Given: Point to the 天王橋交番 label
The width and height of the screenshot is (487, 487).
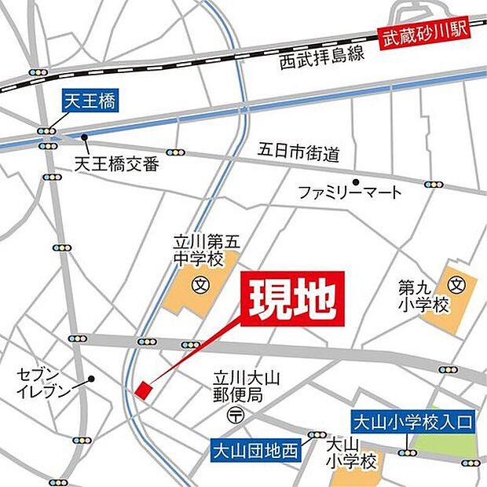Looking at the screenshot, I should click(117, 164).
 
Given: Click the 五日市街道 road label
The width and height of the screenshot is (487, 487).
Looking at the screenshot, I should click(298, 152).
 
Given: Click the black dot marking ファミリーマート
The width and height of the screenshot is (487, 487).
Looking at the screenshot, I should click(356, 180).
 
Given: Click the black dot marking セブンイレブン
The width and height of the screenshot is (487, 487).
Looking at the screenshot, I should click(91, 379).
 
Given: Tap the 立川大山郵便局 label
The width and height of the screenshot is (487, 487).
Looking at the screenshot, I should click(240, 385).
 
